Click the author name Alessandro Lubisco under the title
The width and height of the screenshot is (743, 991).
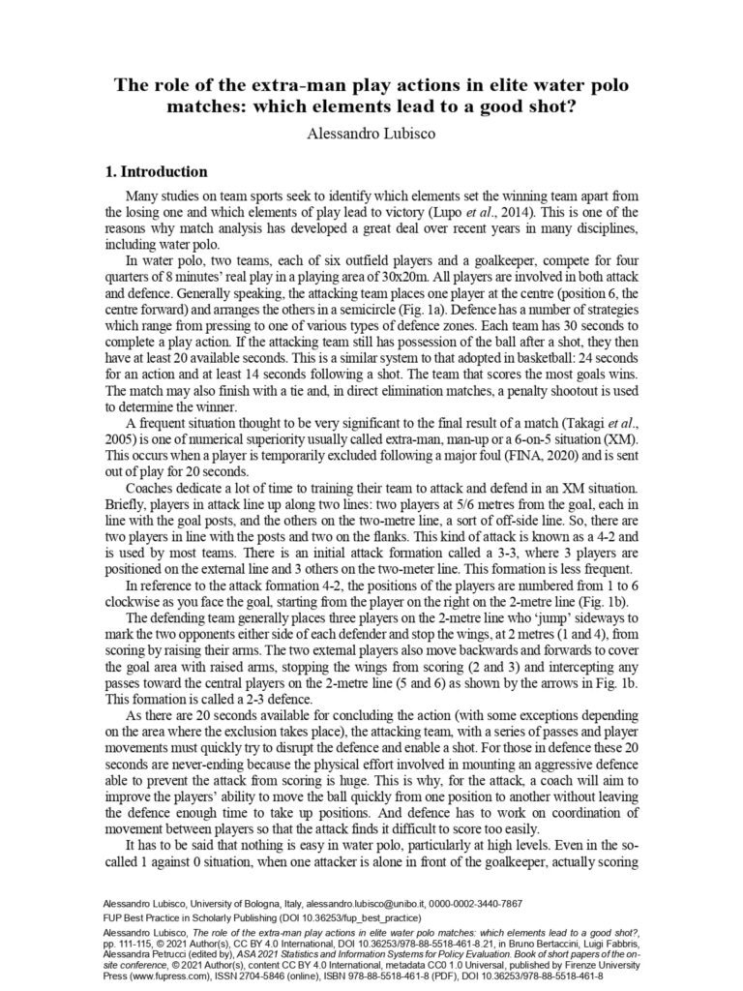coord(371,133)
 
